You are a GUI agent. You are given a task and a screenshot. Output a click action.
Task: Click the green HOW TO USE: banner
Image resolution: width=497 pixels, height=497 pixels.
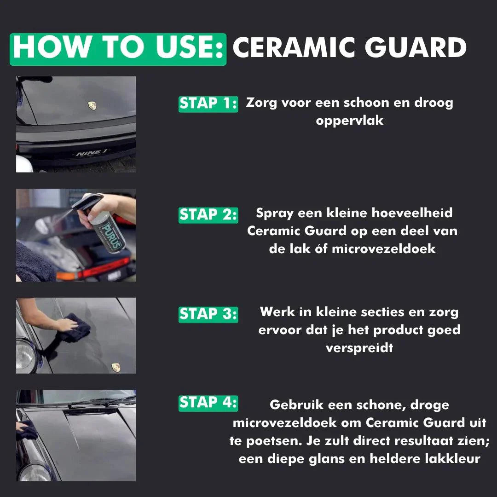[118, 49]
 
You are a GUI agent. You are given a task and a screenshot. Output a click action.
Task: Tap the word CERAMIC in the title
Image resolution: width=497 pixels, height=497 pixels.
[294, 47]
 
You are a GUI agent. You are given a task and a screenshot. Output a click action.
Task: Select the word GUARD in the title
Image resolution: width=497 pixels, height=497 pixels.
[416, 47]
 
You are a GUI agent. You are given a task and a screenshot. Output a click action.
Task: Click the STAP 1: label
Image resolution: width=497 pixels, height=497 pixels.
[208, 104]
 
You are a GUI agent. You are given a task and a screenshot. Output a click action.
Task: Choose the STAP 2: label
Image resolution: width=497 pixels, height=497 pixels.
[208, 215]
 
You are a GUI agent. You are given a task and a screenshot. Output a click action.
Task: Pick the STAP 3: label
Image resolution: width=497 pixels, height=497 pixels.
[208, 314]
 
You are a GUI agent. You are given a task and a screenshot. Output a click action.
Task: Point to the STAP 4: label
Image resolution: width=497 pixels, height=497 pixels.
[208, 403]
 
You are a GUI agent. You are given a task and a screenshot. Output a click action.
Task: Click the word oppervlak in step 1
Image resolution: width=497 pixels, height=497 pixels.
[350, 121]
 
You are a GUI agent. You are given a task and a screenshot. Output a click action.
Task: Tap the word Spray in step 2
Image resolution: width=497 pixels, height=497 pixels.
[274, 214]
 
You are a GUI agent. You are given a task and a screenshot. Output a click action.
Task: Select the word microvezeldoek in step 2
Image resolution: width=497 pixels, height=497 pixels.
[383, 249]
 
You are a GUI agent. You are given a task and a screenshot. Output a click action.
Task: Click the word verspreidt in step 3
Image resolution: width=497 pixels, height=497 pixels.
[359, 348]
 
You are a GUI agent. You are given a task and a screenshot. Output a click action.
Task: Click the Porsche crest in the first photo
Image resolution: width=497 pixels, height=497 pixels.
[92, 105]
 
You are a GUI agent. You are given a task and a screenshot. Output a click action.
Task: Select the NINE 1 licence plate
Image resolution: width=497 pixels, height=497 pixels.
[91, 153]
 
